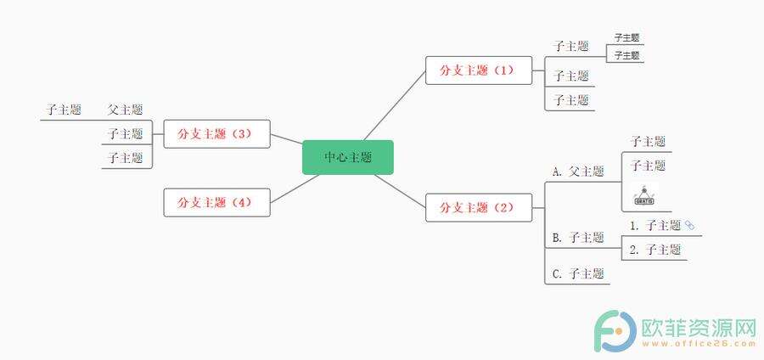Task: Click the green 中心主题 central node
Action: (348, 157)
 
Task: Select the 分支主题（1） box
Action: (479, 70)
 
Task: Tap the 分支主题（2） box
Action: (479, 207)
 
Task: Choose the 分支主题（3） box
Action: (216, 133)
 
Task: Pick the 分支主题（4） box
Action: (216, 202)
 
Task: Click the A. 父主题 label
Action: (578, 171)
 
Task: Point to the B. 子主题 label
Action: (578, 238)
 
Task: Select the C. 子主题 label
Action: (578, 273)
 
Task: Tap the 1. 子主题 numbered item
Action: (655, 225)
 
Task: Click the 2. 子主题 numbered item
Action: (655, 250)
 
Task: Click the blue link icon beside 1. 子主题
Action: (689, 224)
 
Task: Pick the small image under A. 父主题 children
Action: (644, 194)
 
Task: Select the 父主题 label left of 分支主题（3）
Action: (126, 110)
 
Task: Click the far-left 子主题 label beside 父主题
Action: (64, 110)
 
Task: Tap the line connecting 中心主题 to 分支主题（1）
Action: (394, 106)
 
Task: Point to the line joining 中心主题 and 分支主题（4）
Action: (295, 188)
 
